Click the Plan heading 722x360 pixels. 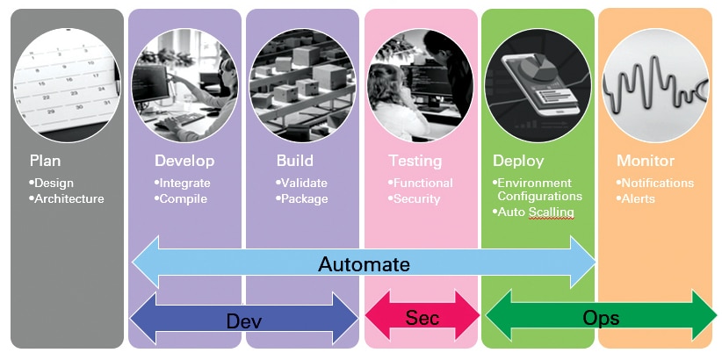(45, 161)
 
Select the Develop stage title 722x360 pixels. (184, 161)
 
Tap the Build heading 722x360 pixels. (294, 161)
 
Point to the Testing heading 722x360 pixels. (415, 161)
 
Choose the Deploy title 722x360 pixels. (518, 161)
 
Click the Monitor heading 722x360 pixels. (646, 161)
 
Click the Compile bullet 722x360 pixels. (182, 198)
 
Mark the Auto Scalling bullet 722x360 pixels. (535, 212)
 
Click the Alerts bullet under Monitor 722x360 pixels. (639, 198)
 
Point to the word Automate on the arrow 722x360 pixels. (364, 263)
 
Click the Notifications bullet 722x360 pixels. (656, 183)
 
